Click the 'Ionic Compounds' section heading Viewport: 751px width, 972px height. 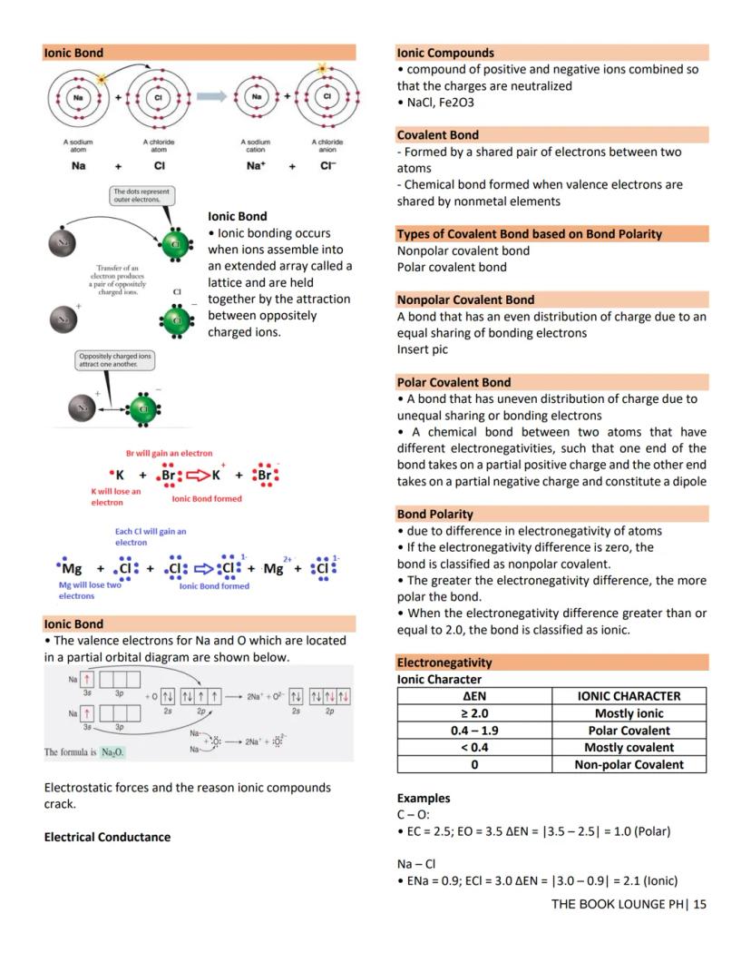click(445, 53)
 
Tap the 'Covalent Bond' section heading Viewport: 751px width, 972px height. click(438, 135)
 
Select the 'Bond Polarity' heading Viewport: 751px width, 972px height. click(435, 514)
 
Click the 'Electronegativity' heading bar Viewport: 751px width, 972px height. click(444, 663)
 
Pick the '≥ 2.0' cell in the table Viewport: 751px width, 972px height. click(473, 713)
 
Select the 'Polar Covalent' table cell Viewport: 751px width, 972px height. click(629, 731)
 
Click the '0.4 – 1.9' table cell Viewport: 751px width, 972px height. click(473, 731)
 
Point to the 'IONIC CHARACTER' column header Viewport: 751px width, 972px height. click(629, 696)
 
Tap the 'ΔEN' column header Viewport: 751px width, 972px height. click(473, 696)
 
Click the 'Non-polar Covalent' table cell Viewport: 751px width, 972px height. click(629, 764)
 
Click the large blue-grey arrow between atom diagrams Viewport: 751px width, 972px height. click(210, 96)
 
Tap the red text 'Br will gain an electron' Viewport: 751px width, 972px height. click(169, 453)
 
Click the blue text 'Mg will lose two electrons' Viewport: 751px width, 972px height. click(89, 590)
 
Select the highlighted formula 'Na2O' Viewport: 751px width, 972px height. click(113, 752)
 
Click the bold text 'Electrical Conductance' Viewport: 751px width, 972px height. click(107, 837)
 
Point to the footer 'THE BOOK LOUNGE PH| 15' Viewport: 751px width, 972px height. click(628, 904)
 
